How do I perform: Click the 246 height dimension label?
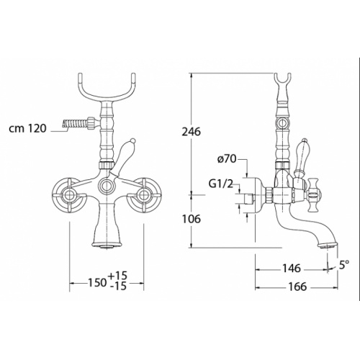(191, 132)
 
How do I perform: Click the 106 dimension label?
(191, 219)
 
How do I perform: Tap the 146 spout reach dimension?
(291, 269)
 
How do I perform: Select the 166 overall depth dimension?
(297, 287)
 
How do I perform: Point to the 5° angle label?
(344, 265)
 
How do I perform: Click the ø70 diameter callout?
(228, 159)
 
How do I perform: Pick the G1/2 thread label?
(221, 184)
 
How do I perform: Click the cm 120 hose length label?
(27, 129)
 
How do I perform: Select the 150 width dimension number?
(97, 283)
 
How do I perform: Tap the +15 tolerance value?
(117, 276)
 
